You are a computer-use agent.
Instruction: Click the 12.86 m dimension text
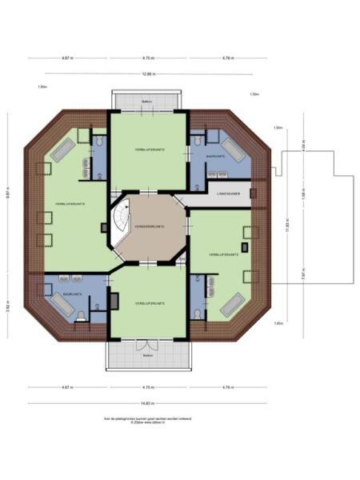coord(148,74)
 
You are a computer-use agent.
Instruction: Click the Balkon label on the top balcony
coord(148,102)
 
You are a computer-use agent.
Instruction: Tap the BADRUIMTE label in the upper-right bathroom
coord(215,156)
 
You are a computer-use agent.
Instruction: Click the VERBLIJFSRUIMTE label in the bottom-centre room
coord(150,305)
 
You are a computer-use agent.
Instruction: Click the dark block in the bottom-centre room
coord(114,301)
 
